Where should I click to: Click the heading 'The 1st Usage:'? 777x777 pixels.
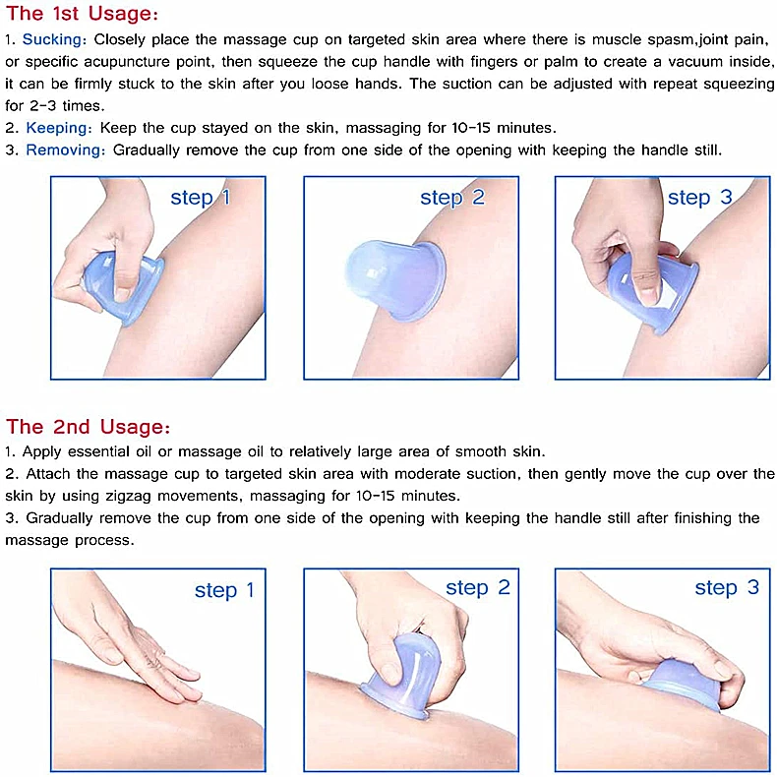(82, 14)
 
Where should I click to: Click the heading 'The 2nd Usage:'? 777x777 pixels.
(88, 427)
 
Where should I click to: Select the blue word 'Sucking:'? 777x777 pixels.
(54, 39)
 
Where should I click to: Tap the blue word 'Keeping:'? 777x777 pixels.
(59, 128)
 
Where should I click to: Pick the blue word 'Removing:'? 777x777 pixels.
(66, 149)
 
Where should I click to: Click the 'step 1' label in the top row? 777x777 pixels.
(201, 198)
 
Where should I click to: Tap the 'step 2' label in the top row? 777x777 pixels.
(451, 198)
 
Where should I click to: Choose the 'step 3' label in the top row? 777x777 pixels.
(699, 198)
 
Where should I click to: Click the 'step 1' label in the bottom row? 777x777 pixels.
(224, 590)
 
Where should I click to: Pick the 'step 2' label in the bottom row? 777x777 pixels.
(478, 588)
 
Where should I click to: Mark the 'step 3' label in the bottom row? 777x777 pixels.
(727, 588)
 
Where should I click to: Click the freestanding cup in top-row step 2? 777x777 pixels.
(395, 279)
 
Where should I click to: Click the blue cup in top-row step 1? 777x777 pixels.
(124, 287)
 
